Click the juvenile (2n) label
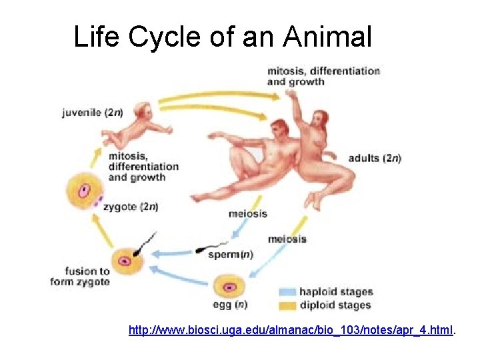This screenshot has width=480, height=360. (91, 113)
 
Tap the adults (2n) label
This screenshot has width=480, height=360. (375, 158)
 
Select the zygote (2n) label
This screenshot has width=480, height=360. (131, 207)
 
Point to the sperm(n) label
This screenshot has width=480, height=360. (231, 254)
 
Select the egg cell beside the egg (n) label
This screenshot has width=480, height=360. (229, 287)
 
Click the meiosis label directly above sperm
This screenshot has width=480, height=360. (247, 214)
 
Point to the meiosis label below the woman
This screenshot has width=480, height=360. (287, 239)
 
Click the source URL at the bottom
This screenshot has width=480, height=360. (292, 329)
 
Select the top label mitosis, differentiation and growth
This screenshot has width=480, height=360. (323, 76)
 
